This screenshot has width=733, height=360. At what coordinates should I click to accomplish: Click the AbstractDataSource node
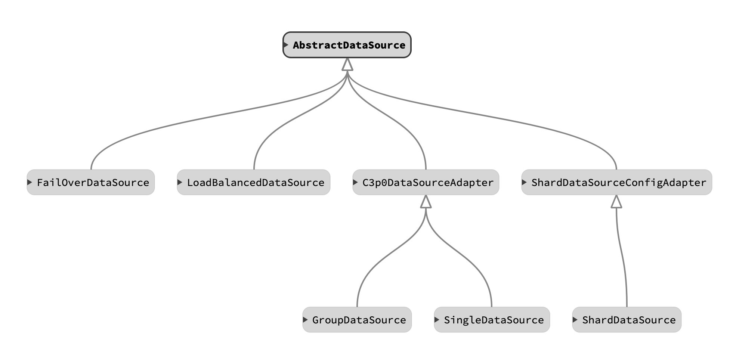[x=347, y=45]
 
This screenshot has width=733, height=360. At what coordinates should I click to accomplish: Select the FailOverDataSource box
[x=90, y=183]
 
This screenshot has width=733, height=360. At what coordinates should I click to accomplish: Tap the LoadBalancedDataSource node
[x=253, y=183]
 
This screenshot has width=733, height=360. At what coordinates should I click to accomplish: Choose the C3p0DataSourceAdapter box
[x=426, y=183]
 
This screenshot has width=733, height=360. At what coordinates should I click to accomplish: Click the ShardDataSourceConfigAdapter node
[x=616, y=183]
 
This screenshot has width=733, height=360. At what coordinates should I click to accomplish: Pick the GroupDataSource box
[x=357, y=320]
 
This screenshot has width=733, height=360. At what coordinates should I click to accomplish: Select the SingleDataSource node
[x=492, y=320]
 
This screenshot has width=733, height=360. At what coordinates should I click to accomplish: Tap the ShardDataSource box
[x=627, y=320]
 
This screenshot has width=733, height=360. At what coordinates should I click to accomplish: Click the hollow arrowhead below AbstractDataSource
[x=347, y=65]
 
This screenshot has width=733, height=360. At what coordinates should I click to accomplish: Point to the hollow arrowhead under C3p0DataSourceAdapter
[x=426, y=202]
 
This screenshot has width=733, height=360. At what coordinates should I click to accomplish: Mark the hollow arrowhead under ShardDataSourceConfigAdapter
[x=616, y=202]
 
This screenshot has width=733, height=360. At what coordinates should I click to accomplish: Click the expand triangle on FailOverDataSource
[x=30, y=182]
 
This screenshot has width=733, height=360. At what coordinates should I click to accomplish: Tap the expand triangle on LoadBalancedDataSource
[x=180, y=182]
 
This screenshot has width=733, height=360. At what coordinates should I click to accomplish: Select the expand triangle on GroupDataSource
[x=305, y=320]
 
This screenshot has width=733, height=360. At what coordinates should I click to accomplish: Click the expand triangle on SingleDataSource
[x=437, y=320]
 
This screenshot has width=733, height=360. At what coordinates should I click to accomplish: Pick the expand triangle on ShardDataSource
[x=575, y=320]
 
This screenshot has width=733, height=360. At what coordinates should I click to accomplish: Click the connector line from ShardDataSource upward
[x=622, y=258]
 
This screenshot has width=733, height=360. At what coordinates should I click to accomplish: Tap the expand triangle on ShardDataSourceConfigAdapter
[x=524, y=182]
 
